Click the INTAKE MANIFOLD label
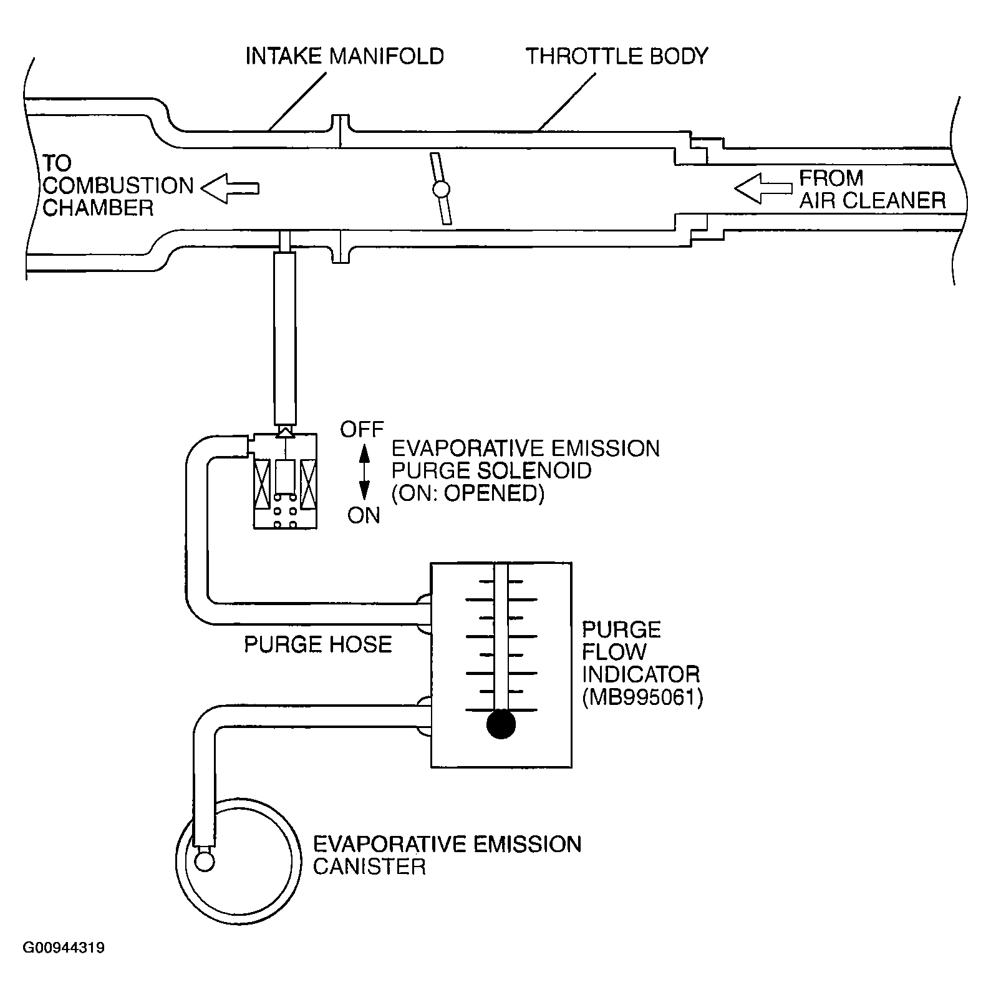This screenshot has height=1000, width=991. point(344,56)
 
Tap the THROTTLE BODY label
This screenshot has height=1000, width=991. point(617,56)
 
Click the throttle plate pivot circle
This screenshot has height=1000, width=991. point(441,189)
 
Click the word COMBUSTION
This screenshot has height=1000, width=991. point(118,186)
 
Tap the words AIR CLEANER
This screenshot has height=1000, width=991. point(873,200)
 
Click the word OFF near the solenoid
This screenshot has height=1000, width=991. point(362,430)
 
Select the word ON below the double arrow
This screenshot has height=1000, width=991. point(364,515)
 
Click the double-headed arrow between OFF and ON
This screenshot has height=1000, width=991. point(364,472)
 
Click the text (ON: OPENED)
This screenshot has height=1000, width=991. point(468,493)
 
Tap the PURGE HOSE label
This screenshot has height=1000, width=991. point(317,644)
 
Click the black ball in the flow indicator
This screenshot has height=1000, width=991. point(501,725)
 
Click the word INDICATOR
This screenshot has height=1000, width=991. point(641,674)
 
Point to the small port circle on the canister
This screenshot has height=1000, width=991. point(205,862)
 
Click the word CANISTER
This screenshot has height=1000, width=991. point(369,867)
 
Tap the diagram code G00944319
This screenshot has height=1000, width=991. point(64,948)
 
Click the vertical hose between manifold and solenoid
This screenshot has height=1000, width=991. point(284,337)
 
